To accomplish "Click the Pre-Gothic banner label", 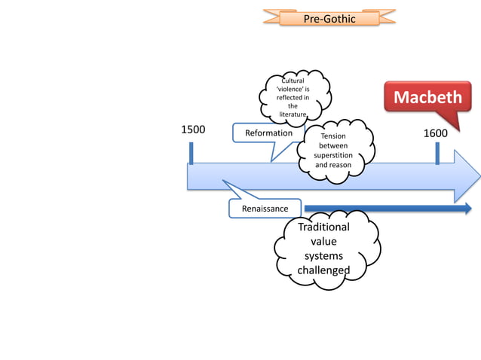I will coord(329,17).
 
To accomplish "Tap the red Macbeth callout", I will coord(428,99).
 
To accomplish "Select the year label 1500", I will coord(192,130).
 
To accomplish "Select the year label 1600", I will coord(435,133).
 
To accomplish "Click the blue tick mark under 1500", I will coord(191,152).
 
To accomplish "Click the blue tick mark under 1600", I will coord(437,153).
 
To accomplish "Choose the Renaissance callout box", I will coord(265,208).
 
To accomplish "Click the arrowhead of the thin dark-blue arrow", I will coord(467,209).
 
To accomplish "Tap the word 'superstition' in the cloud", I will coord(333,155).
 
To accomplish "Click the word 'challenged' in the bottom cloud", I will coord(323,270).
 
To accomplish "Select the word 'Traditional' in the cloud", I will coord(323,227).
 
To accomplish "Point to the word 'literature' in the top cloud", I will coord(293,114).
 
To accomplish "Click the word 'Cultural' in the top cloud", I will coord(293,80).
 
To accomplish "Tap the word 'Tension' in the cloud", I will coord(333,136).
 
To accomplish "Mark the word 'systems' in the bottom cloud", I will coord(323,256).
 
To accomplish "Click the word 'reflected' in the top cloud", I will coord(291,98).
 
